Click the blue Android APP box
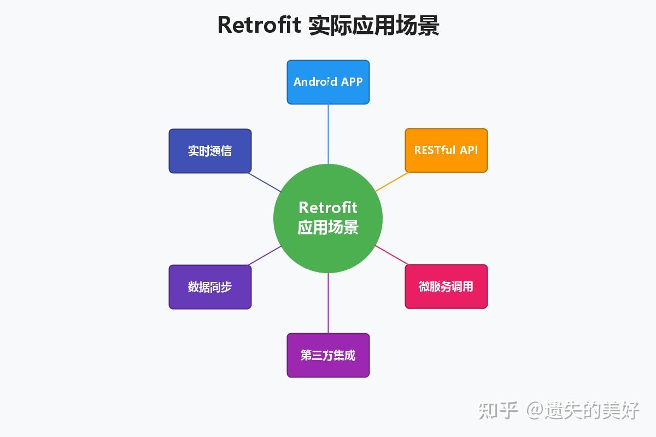(x=328, y=82)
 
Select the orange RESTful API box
(x=446, y=150)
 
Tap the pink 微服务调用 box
(x=446, y=287)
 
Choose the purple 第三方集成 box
(x=328, y=355)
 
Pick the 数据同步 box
(x=210, y=287)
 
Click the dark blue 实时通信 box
(x=210, y=151)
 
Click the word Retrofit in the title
(x=259, y=25)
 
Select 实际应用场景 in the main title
(x=373, y=25)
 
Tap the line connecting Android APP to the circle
(x=328, y=134)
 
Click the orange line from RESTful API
(x=391, y=182)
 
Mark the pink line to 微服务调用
(x=390, y=255)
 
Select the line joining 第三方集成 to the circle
(x=328, y=303)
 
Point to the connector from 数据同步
(x=266, y=255)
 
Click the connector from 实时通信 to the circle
(x=266, y=182)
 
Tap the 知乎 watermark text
(x=497, y=410)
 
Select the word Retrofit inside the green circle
(x=328, y=208)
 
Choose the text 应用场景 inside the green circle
(x=328, y=227)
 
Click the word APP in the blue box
(x=352, y=82)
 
